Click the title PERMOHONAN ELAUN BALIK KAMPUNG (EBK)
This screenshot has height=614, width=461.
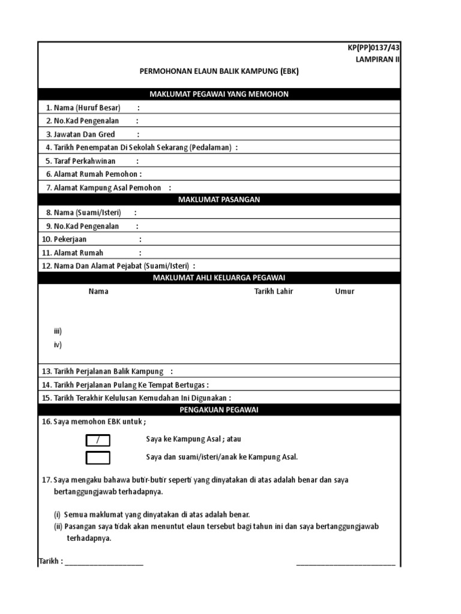[x=218, y=71]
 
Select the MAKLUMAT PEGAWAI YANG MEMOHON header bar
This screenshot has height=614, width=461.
[x=218, y=94]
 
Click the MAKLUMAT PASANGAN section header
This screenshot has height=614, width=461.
[x=218, y=200]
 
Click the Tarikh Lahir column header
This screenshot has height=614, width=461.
[x=274, y=291]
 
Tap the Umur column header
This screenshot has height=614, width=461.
[x=345, y=291]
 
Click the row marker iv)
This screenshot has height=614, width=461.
[x=58, y=345]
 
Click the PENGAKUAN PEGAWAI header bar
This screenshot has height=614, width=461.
[x=218, y=409]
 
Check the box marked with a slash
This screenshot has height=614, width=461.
[x=98, y=441]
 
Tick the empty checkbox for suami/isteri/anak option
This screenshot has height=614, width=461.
[x=98, y=458]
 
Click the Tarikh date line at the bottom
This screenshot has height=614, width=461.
[x=103, y=562]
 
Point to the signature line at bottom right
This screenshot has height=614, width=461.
[x=346, y=564]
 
